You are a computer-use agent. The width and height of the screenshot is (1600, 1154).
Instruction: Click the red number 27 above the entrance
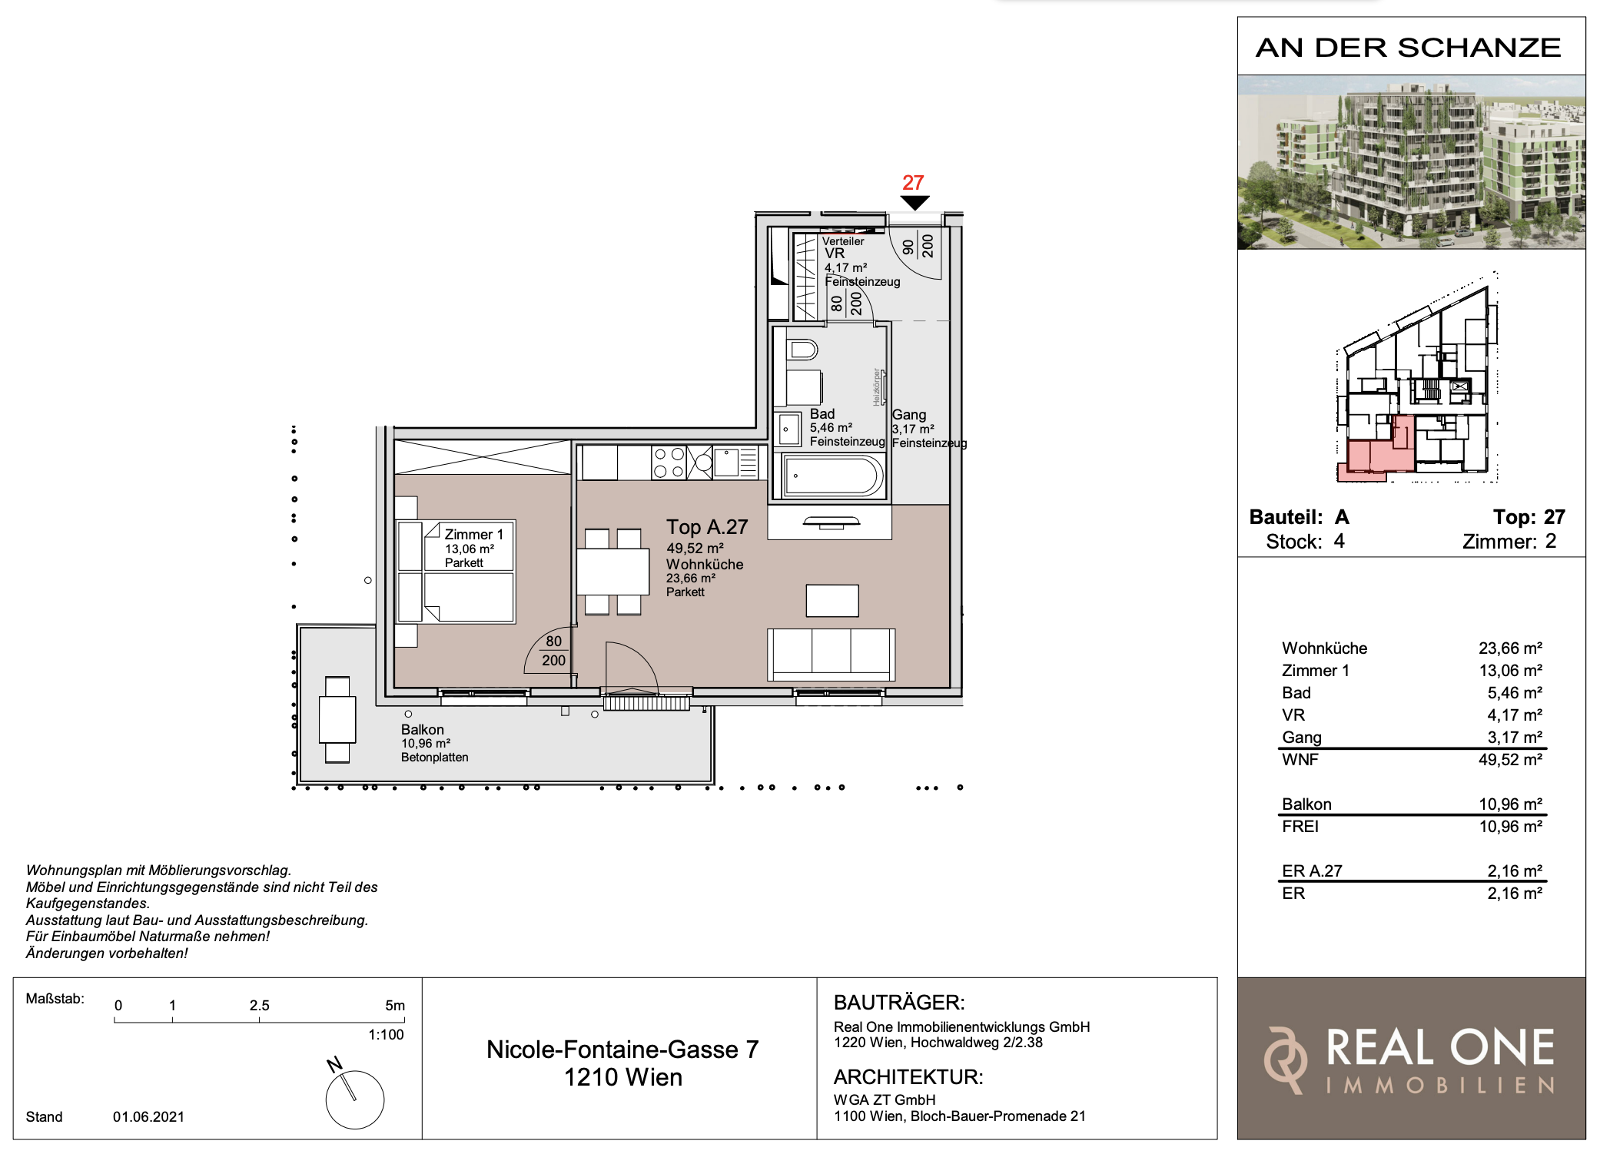point(913,183)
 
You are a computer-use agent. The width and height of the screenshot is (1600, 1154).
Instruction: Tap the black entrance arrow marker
point(915,203)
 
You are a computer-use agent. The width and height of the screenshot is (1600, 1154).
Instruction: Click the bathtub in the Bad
point(833,476)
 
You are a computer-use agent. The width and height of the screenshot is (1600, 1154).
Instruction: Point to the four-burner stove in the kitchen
point(669,463)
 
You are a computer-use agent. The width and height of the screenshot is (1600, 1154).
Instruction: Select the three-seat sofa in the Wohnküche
point(831,655)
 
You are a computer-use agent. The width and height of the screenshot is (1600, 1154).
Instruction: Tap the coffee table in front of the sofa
point(832,600)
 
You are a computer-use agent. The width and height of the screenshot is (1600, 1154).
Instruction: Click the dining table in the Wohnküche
point(612,571)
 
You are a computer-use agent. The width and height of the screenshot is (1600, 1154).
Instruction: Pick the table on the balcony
point(337,719)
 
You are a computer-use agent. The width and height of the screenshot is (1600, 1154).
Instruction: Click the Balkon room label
point(423,729)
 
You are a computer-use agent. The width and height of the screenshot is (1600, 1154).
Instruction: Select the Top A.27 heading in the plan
point(707,527)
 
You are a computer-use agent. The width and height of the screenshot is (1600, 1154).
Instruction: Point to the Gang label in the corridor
point(909,415)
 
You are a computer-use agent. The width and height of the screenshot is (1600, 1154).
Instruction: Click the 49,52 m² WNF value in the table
point(1510,760)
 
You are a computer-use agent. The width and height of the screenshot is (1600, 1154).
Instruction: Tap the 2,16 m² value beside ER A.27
point(1515,871)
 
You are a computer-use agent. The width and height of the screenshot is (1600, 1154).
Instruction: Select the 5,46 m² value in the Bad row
point(1515,693)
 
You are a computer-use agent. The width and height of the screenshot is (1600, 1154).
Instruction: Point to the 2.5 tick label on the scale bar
point(260,1005)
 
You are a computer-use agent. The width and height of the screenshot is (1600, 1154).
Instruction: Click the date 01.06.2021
point(148,1116)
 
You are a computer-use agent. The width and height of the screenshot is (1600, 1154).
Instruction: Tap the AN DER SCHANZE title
point(1408,48)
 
